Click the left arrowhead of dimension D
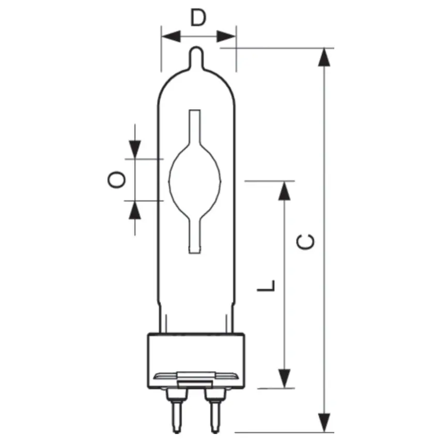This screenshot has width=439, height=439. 170,36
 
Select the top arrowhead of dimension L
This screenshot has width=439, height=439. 284,190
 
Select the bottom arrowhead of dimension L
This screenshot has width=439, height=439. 284,378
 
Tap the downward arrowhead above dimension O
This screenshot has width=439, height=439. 135,149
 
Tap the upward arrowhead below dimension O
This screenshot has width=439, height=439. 135,210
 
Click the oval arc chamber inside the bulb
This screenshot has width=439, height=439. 195,180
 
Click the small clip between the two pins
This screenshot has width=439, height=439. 196,383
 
